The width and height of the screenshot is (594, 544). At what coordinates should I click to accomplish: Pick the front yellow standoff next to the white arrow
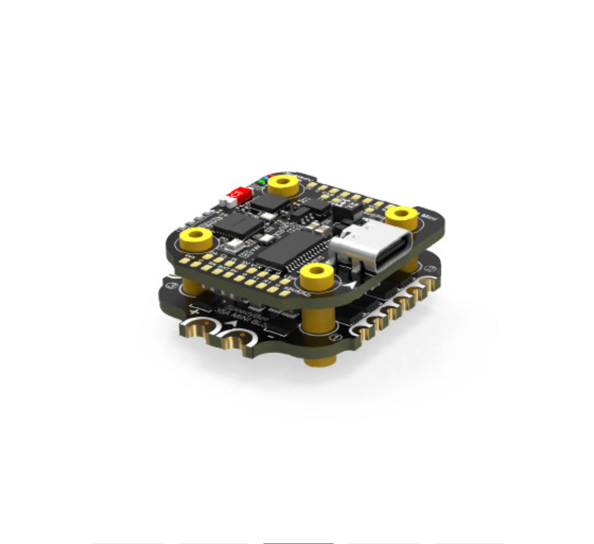[x=317, y=276]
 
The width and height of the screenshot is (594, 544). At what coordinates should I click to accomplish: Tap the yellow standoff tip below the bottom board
[x=320, y=361]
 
